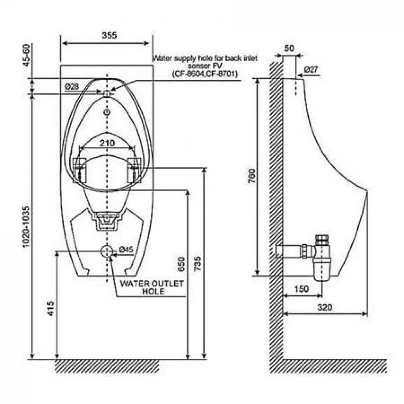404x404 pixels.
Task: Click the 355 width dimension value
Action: point(109,36)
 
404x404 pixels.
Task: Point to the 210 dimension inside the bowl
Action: point(107,143)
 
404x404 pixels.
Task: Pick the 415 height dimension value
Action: point(51,308)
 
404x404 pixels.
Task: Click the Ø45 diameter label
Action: point(126,250)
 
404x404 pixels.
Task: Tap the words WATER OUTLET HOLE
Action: point(152,288)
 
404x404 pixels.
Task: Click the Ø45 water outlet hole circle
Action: point(107,251)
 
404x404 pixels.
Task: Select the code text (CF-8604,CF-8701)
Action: point(205,74)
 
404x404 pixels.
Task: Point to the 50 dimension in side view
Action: point(289,48)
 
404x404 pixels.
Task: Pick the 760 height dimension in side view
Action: point(252,178)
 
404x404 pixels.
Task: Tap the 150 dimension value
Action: point(301,289)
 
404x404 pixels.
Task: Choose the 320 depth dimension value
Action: point(324,307)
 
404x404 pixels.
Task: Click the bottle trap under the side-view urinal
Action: point(321,259)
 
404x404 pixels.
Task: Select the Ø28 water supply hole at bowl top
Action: point(107,93)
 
